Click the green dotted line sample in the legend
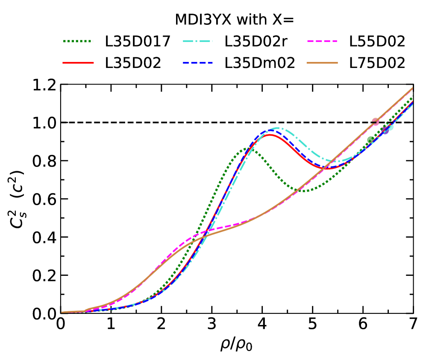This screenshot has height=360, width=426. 78,41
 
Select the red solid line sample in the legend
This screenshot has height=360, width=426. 78,63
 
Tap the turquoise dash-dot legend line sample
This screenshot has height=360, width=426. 197,41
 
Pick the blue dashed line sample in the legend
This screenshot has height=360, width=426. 197,63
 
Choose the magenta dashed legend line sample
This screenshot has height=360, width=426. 322,41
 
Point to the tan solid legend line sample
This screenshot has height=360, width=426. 322,63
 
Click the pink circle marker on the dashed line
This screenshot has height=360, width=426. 376,122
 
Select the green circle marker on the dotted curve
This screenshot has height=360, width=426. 370,140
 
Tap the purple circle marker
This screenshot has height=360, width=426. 385,130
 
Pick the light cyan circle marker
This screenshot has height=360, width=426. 389,127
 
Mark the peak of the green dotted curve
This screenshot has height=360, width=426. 247,149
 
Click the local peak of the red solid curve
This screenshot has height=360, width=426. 269,135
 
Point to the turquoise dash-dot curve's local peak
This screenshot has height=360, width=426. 277,128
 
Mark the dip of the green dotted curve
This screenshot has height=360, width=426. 303,191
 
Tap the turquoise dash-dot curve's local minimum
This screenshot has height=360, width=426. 336,161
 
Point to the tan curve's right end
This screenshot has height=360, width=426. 412,88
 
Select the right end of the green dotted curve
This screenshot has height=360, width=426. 412,98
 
